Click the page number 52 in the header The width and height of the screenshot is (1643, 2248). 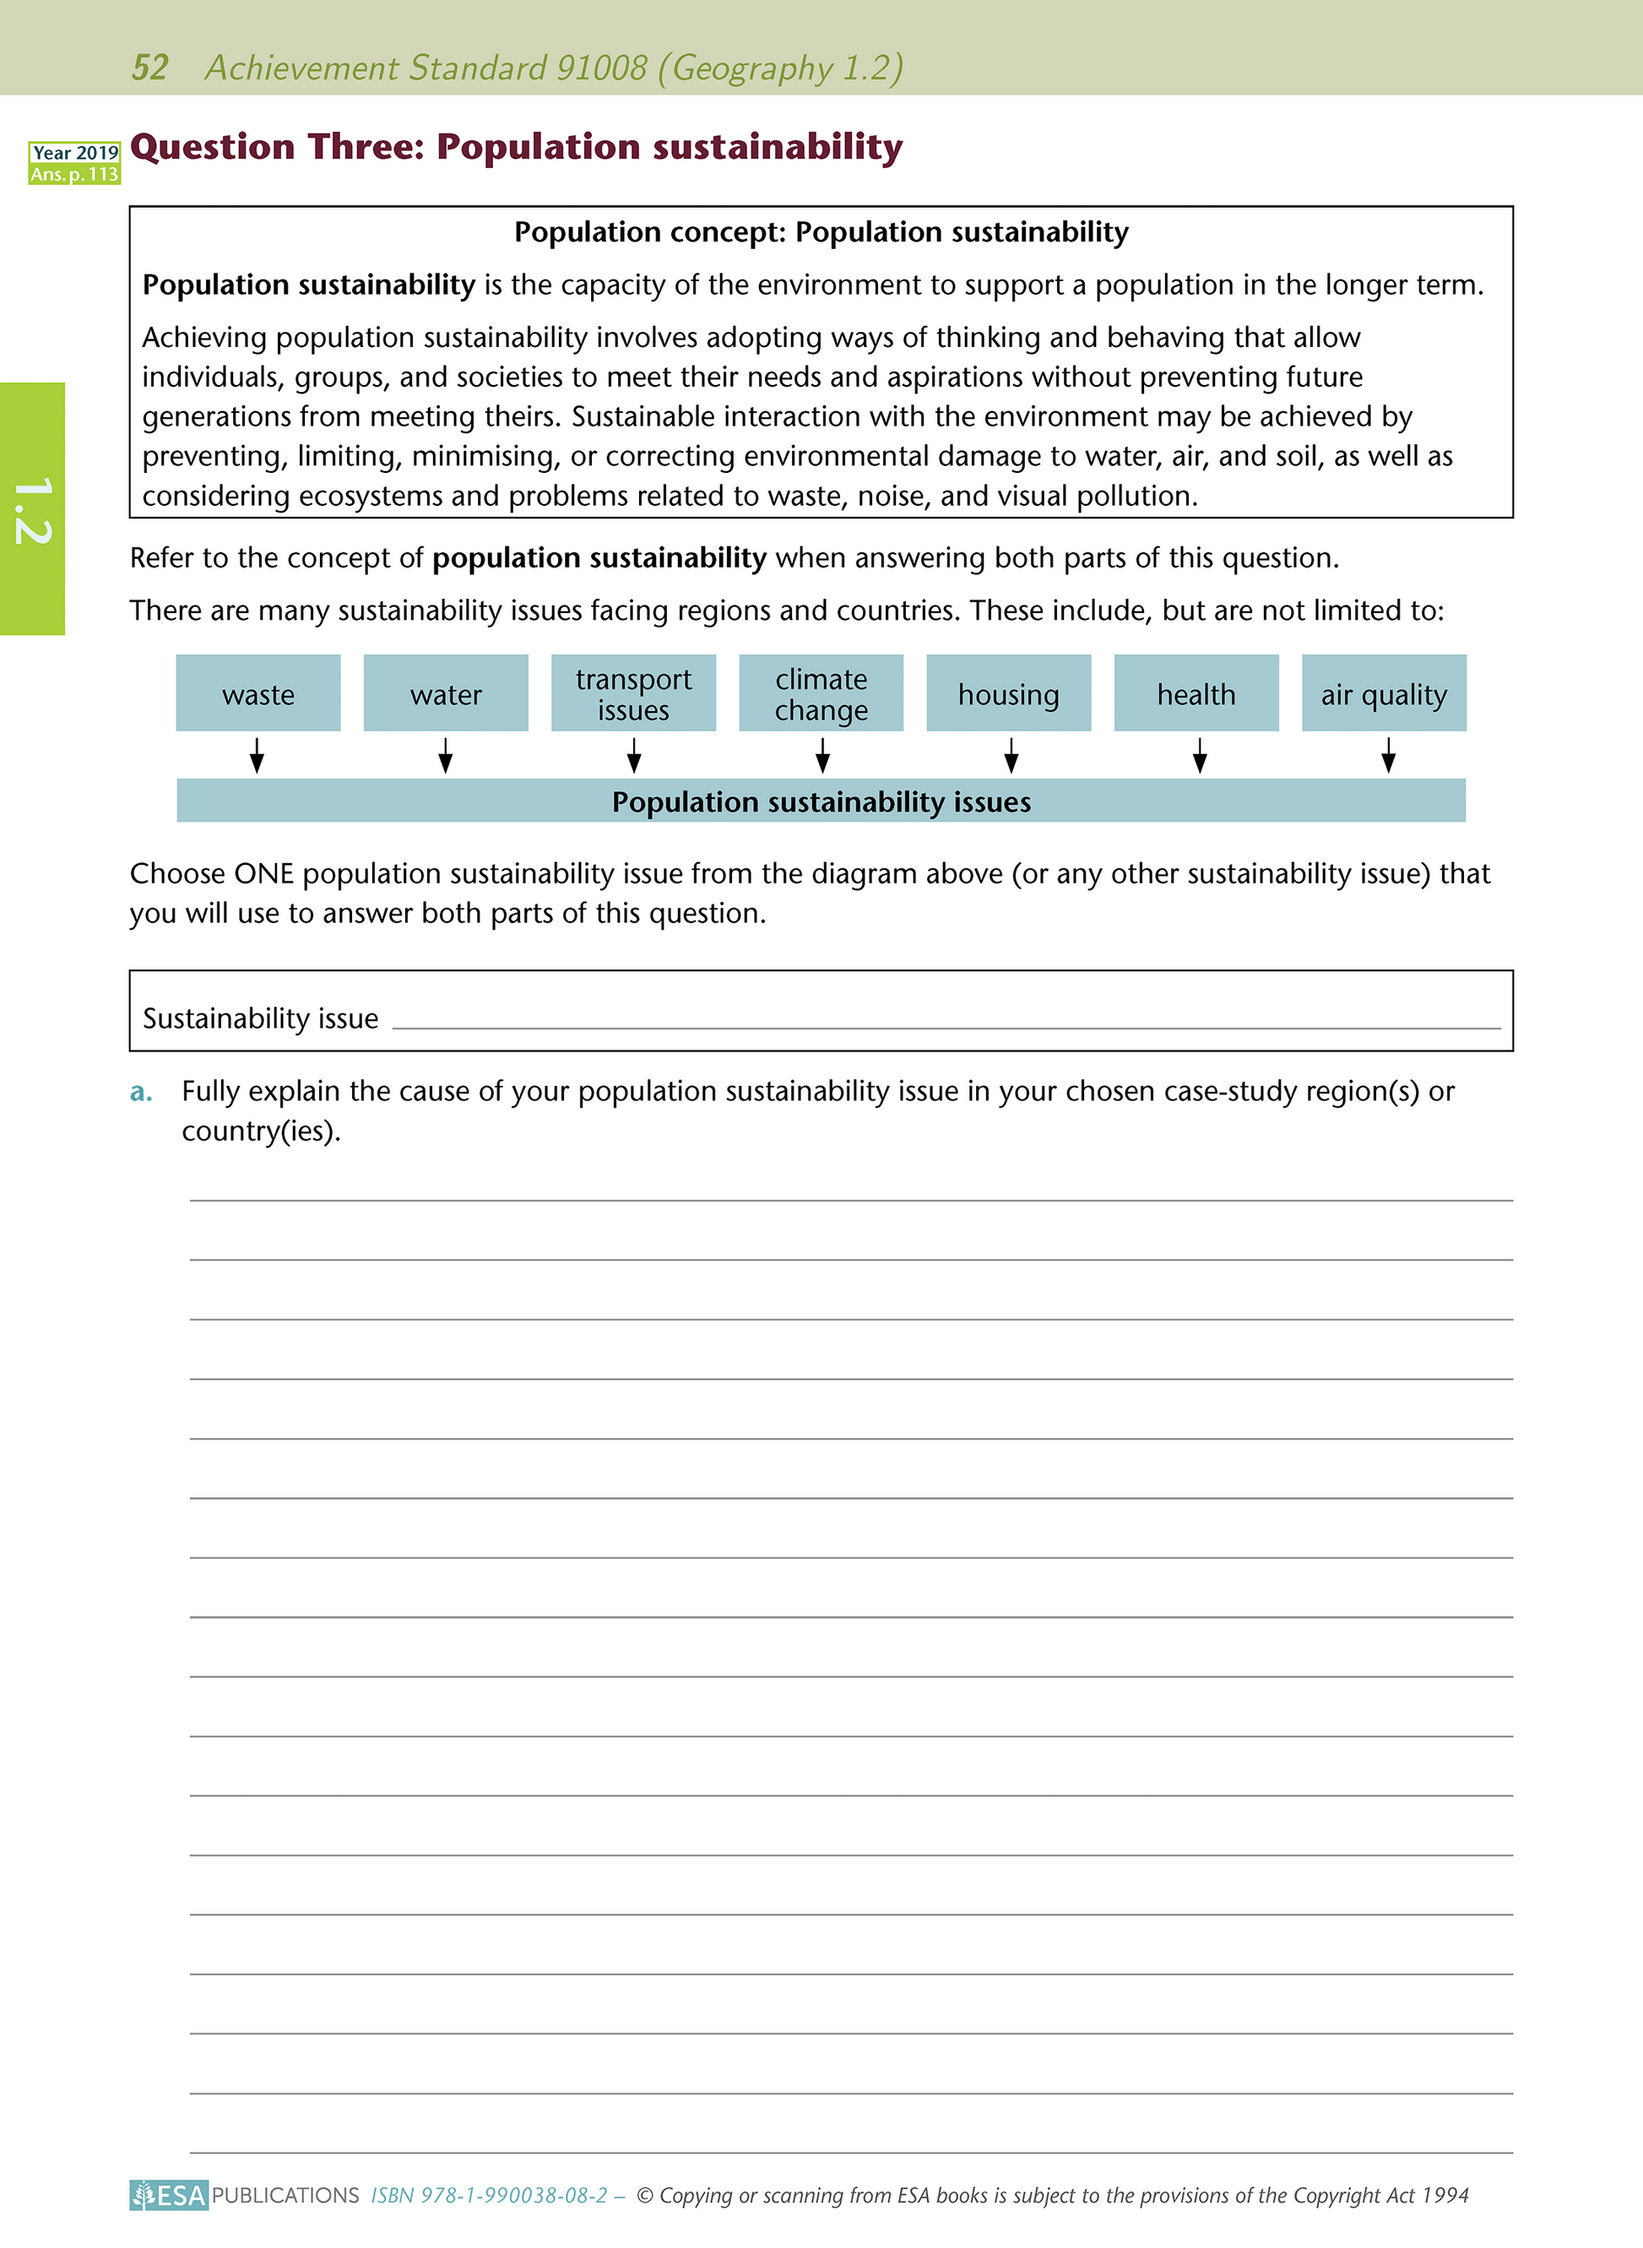pyautogui.click(x=150, y=68)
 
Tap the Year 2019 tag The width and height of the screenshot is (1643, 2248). pyautogui.click(x=74, y=152)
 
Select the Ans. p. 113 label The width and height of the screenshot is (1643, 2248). pyautogui.click(x=74, y=174)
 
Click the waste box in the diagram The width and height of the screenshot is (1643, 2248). pyautogui.click(x=258, y=693)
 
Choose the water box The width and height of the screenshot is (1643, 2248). pyautogui.click(x=446, y=693)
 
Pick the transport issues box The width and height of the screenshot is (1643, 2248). pyautogui.click(x=633, y=693)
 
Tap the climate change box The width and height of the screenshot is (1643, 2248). pyautogui.click(x=821, y=693)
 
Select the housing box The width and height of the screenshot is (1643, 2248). pyautogui.click(x=1008, y=693)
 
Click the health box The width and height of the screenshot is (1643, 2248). pyautogui.click(x=1196, y=693)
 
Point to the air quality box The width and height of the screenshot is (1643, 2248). pyautogui.click(x=1384, y=693)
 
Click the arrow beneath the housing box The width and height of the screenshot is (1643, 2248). pyautogui.click(x=1011, y=755)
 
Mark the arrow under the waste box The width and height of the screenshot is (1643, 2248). pyautogui.click(x=257, y=755)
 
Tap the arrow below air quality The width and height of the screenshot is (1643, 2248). pyautogui.click(x=1388, y=755)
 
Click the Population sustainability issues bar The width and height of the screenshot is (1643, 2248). pyautogui.click(x=821, y=801)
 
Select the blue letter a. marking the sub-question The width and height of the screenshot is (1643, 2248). pyautogui.click(x=141, y=1092)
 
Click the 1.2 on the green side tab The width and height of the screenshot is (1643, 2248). pyautogui.click(x=32, y=510)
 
